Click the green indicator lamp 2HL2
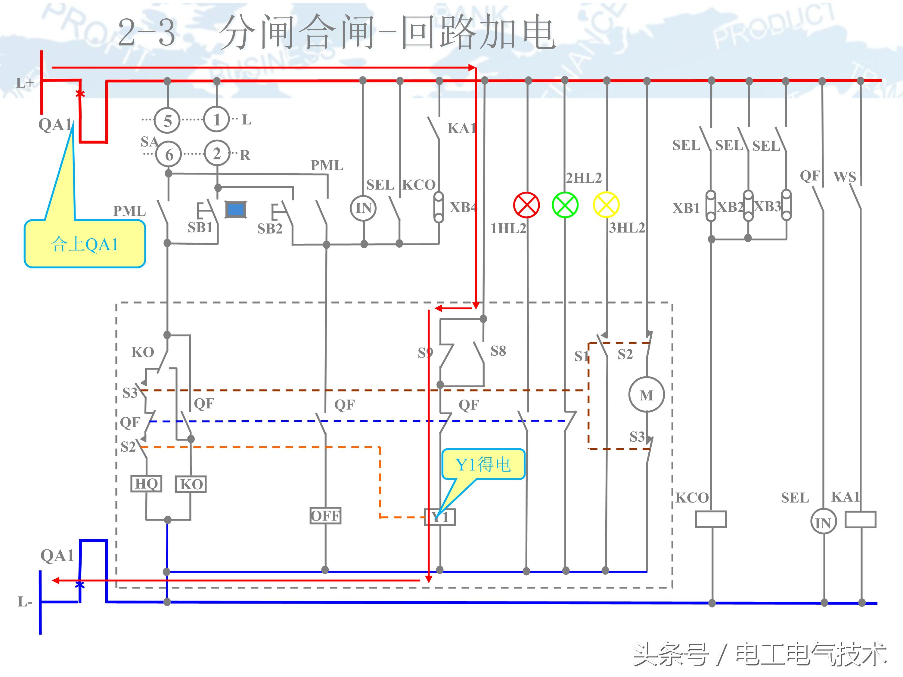(x=565, y=205)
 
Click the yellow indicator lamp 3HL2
(x=606, y=205)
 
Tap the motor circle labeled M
(x=646, y=394)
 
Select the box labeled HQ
(x=146, y=484)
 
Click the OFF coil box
(x=325, y=516)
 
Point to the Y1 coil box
(x=440, y=517)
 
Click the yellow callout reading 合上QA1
(x=85, y=244)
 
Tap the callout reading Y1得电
(x=483, y=464)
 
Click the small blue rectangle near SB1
(x=236, y=210)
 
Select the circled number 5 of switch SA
(x=167, y=121)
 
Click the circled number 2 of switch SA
(x=217, y=154)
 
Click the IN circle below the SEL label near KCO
(x=363, y=208)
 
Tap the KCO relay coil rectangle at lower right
(x=711, y=519)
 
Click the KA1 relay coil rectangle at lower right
(x=860, y=519)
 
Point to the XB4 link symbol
(x=439, y=207)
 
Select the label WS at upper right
(x=845, y=177)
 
